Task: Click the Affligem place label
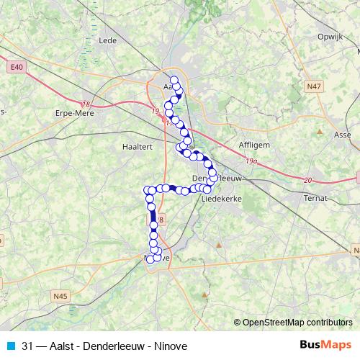pos(253,144)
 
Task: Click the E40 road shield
pos(17,67)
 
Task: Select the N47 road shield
pos(312,85)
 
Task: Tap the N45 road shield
pos(60,294)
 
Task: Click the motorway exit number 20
pos(308,180)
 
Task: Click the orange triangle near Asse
pos(320,132)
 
